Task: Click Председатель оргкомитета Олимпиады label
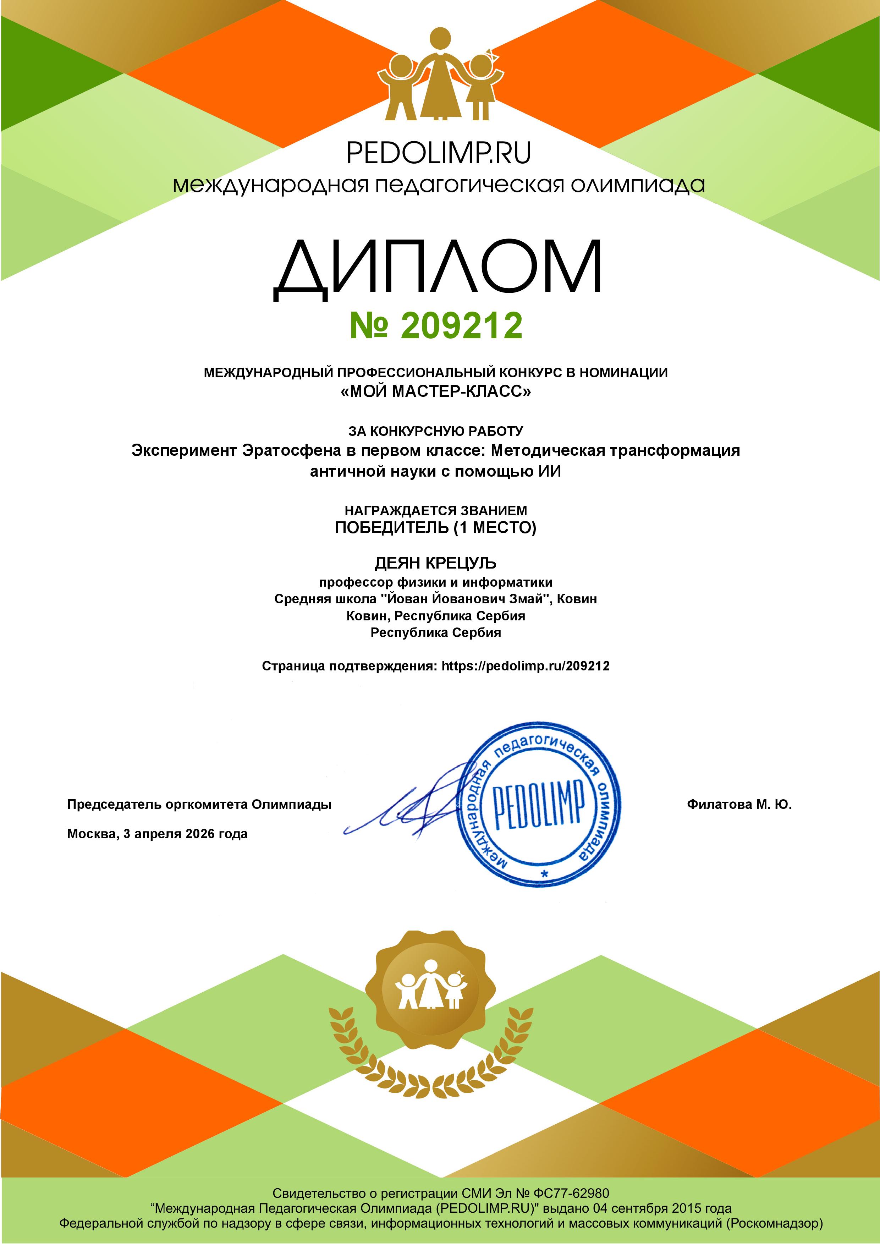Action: pos(199,805)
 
